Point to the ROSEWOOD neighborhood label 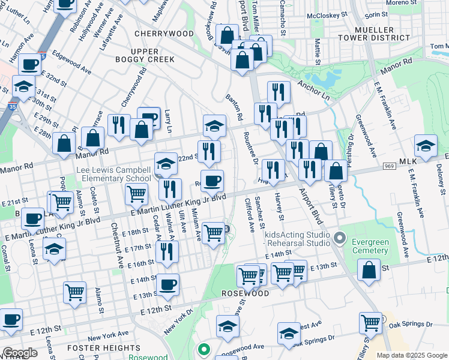[x=245, y=294]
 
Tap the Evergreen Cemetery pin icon [x=340, y=240]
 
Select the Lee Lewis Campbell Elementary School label [x=113, y=175]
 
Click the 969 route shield [x=388, y=166]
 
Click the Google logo [x=19, y=353]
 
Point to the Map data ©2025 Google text [x=412, y=355]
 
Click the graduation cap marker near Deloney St [x=426, y=146]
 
